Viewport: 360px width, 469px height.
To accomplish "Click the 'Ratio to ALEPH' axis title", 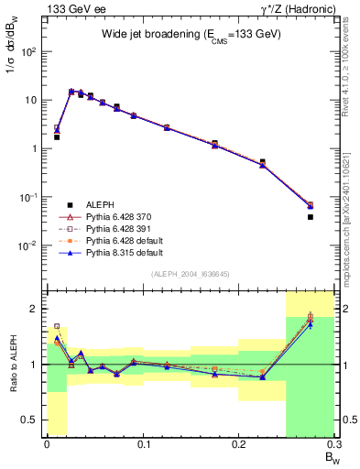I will click(x=11, y=365).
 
